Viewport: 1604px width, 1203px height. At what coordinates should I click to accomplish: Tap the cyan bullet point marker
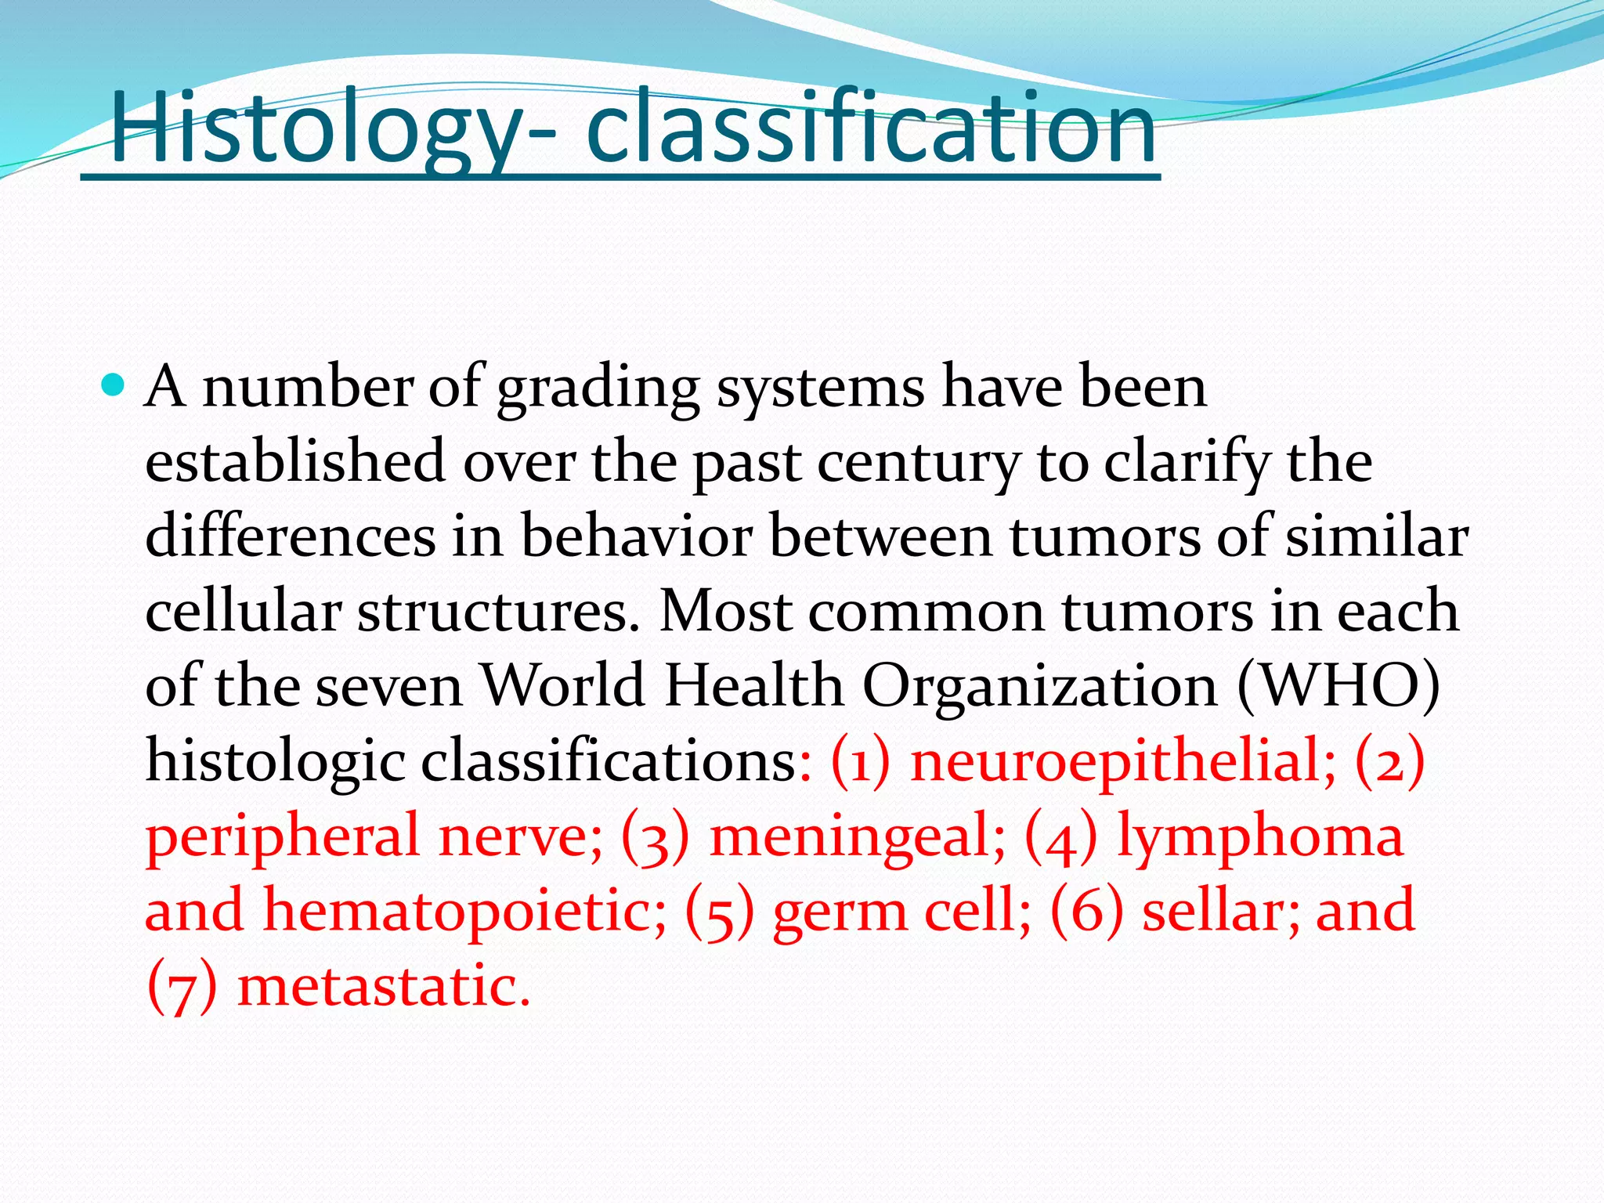(x=114, y=385)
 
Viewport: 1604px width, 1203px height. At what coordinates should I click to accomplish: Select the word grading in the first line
(x=598, y=388)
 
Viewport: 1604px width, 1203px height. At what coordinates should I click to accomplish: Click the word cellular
(x=243, y=612)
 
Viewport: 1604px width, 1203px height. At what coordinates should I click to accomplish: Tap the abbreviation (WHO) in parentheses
(x=1338, y=687)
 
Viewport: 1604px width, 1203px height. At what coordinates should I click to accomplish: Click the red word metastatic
(x=384, y=987)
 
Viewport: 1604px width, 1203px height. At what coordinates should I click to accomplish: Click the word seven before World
(x=388, y=687)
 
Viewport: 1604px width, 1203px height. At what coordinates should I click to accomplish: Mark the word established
(x=295, y=463)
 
